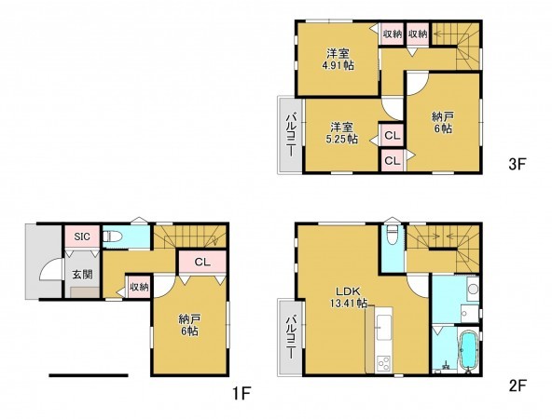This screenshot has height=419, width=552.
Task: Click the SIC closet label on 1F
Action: pos(82,237)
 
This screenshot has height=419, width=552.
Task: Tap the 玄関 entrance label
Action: pos(83,275)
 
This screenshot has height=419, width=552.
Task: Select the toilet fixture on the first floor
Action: pos(112,237)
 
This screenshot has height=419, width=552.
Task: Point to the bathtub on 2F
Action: pos(468,350)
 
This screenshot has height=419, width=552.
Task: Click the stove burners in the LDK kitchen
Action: pos(383,363)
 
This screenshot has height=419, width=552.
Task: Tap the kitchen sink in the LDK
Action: pos(383,327)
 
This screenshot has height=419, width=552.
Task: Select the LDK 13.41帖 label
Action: pos(348,297)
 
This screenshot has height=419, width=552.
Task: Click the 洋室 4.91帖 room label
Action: pos(338,60)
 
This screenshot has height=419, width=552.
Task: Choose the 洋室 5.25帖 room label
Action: pos(341,133)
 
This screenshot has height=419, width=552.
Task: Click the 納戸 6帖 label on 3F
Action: pos(443,123)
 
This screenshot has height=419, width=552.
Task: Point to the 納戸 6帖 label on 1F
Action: pos(190,325)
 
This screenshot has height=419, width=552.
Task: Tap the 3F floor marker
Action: pos(517,164)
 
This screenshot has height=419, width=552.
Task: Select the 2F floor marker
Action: pos(517,386)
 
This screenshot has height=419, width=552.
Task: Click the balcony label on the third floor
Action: pos(292,134)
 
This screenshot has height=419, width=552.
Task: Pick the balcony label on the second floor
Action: pos(292,337)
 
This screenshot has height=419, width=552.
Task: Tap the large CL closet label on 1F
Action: pos(202,262)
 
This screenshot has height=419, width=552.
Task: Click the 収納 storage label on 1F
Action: pos(140,287)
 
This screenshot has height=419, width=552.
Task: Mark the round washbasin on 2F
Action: pos(474,289)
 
